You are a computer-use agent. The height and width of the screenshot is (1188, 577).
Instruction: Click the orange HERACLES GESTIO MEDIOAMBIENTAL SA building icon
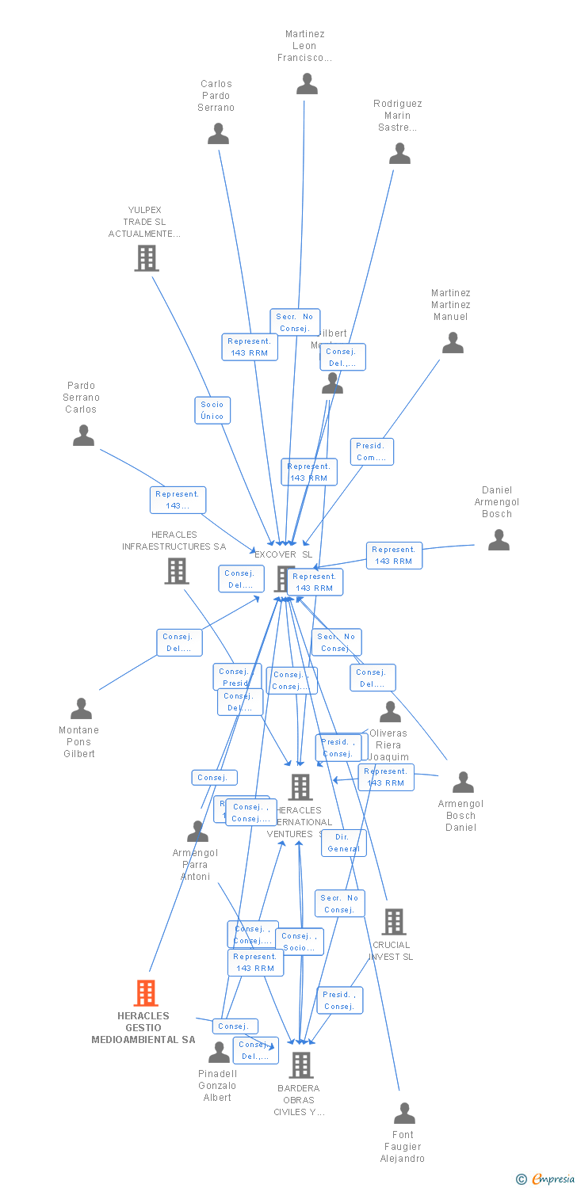pyautogui.click(x=146, y=992)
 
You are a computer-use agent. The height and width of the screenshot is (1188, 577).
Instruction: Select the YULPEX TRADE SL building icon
pyautogui.click(x=146, y=258)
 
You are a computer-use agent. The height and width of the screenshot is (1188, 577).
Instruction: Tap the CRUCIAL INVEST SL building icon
pyautogui.click(x=394, y=922)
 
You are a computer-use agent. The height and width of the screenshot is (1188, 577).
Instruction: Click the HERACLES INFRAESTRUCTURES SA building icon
pyautogui.click(x=176, y=570)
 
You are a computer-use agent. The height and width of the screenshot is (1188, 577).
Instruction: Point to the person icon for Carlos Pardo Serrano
pyautogui.click(x=218, y=134)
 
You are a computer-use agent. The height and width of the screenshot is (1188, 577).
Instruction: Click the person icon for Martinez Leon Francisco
pyautogui.click(x=307, y=83)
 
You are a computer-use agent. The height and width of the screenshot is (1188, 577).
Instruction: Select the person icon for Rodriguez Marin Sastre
pyautogui.click(x=400, y=154)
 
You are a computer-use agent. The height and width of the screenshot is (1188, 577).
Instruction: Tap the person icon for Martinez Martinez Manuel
pyautogui.click(x=453, y=343)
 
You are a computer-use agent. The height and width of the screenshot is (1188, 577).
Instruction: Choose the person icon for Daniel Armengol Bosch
pyautogui.click(x=499, y=540)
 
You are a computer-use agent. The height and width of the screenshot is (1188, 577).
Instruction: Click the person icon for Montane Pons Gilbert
pyautogui.click(x=81, y=709)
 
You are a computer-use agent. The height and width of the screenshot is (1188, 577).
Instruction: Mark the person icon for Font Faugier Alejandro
pyautogui.click(x=404, y=1114)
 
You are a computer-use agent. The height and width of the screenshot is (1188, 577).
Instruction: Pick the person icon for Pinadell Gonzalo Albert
pyautogui.click(x=219, y=1053)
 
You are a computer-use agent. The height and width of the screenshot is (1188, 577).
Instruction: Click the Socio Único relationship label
pyautogui.click(x=212, y=410)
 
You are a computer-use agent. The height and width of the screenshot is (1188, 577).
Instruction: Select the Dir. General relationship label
pyautogui.click(x=343, y=843)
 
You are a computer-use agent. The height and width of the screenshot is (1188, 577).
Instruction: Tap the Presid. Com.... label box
pyautogui.click(x=372, y=451)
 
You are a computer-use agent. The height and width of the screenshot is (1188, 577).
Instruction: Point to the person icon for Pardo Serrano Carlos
pyautogui.click(x=83, y=436)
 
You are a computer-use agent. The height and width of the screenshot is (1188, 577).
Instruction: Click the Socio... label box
pyautogui.click(x=300, y=942)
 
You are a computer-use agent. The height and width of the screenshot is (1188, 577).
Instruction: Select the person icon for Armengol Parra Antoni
pyautogui.click(x=197, y=832)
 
